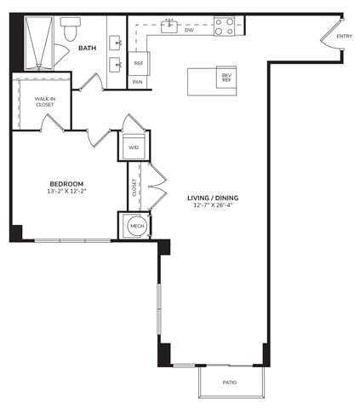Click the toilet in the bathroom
point(71,29)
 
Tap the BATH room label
point(87,48)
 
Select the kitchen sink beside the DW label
point(169,26)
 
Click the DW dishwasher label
point(189,30)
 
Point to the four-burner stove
point(224,26)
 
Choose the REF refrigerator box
point(139,63)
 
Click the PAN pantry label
point(138,82)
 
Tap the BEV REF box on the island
point(226,78)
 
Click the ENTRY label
point(345,36)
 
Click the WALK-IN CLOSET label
point(45,101)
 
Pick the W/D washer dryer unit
point(134,147)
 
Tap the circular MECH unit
point(137,226)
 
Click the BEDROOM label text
point(66,184)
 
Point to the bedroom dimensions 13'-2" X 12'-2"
point(66,191)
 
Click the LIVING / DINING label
point(213,198)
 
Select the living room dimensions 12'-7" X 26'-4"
point(213,205)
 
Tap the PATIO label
point(230,383)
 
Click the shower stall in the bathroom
point(39,43)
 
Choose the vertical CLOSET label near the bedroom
point(134,187)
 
